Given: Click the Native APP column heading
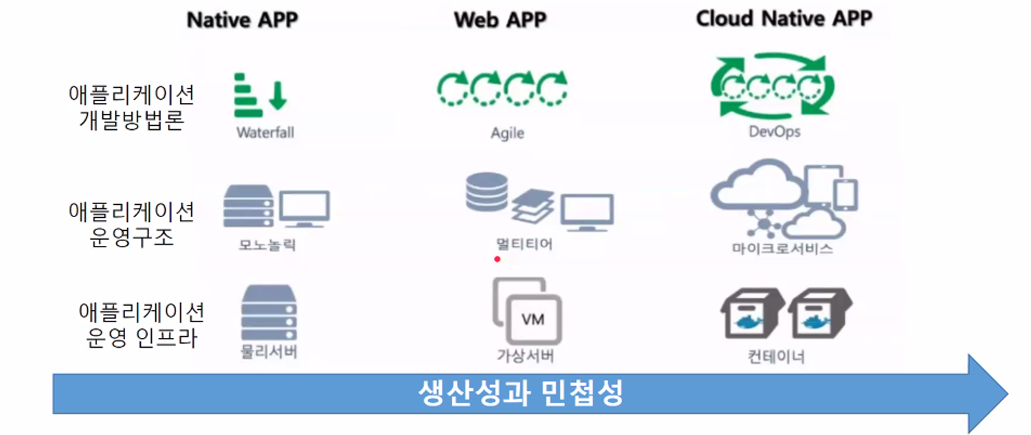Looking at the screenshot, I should (242, 20).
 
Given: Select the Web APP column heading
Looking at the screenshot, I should (500, 20).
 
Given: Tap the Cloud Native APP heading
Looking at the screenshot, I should (784, 19).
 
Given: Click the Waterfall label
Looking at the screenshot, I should (265, 133).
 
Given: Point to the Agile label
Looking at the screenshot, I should (507, 133).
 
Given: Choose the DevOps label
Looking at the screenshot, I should (775, 131).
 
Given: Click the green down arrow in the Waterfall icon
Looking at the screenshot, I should (278, 96).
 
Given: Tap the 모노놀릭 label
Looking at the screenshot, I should (267, 244).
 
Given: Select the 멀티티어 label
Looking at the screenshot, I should (524, 243).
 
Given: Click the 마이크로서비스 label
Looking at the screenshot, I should (782, 249).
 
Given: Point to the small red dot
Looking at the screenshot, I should (497, 260).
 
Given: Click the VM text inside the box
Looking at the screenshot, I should (533, 320).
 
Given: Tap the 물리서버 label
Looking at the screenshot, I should (269, 351).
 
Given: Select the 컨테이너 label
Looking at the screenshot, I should (777, 357).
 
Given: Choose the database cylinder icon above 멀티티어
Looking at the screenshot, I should (486, 192).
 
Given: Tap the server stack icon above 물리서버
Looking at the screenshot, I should (269, 313).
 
